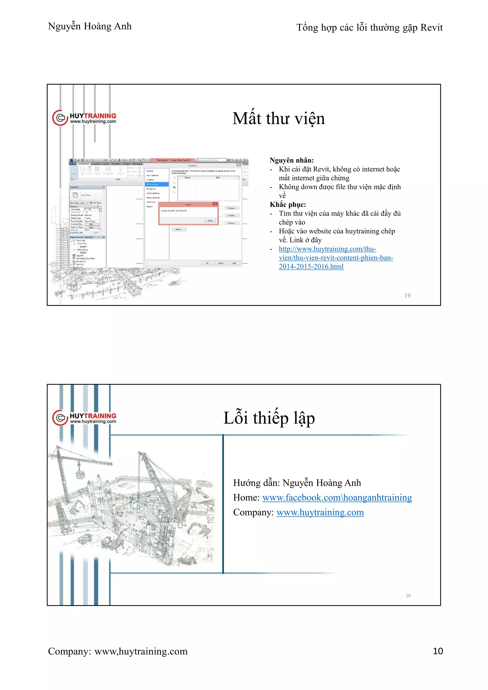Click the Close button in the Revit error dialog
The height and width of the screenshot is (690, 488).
tap(210, 220)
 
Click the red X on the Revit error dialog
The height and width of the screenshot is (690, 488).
tap(215, 204)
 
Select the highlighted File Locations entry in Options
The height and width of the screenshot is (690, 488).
tap(156, 184)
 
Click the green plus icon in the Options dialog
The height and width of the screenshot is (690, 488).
tap(174, 187)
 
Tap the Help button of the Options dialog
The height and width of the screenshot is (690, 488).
tap(234, 263)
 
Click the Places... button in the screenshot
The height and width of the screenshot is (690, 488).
tap(179, 229)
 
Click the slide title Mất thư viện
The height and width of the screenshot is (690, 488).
tap(279, 118)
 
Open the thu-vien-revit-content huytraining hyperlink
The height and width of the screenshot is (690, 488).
tap(336, 258)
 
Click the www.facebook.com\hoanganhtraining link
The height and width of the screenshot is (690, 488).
tap(337, 498)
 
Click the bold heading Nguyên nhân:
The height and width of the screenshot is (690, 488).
tap(291, 160)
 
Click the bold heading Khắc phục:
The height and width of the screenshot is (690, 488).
tap(288, 205)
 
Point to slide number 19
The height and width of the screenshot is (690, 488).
tap(407, 295)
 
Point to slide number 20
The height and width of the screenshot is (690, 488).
tap(408, 595)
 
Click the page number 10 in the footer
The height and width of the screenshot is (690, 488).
tap(437, 651)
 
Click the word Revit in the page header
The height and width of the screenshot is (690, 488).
tap(431, 27)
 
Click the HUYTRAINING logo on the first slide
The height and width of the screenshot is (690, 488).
tap(84, 118)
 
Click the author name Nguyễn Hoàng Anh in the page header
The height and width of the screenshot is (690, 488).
tap(90, 26)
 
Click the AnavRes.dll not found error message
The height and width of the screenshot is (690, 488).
tap(174, 211)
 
